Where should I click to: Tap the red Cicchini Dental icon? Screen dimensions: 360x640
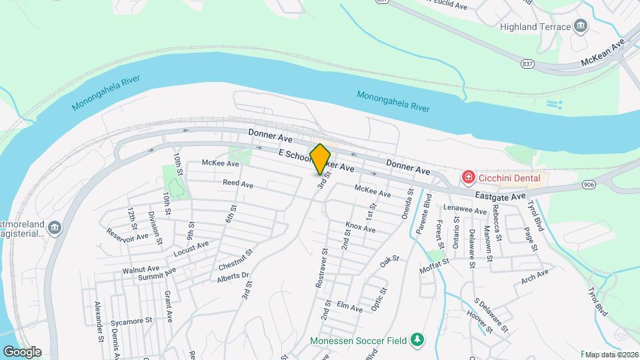tap(469, 177)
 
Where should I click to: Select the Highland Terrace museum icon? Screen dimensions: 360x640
tap(581, 27)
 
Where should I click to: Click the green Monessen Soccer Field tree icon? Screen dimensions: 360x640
tap(417, 340)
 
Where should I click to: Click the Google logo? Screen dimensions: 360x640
tap(22, 351)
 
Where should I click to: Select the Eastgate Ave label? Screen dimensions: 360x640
tap(500, 195)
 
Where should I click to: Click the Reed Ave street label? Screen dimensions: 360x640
tap(238, 183)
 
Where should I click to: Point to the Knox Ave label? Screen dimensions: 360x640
tap(360, 227)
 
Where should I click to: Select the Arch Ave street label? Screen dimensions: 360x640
tap(535, 275)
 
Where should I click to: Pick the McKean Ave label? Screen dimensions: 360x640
tap(603, 51)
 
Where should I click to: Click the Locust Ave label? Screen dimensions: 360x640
tap(191, 248)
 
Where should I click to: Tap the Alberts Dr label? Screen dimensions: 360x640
tap(233, 275)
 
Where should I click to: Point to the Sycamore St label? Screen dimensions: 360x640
tap(132, 321)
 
